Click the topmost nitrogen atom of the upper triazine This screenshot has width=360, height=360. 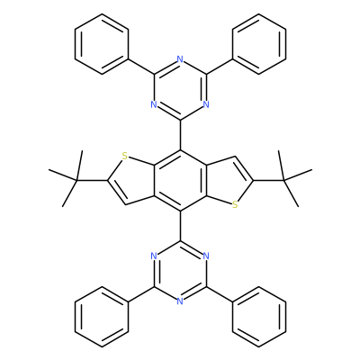[180, 59]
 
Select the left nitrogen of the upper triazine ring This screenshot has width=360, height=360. [154, 104]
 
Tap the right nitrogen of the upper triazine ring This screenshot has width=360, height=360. [206, 104]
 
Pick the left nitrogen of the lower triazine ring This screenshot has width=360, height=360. [154, 256]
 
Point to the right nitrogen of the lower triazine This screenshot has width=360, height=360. [206, 256]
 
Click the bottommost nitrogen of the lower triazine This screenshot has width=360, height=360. [180, 301]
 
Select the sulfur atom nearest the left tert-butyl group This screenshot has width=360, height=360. [125, 156]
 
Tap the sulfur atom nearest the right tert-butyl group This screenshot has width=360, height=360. [235, 204]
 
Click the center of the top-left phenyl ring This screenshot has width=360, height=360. [102, 44]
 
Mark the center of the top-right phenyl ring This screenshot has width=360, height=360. [258, 44]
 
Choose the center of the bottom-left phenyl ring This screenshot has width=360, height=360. [102, 317]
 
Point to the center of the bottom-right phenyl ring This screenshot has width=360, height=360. [258, 317]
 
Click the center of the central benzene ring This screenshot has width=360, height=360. [180, 180]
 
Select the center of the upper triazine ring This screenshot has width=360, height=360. [180, 89]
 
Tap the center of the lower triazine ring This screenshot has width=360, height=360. [180, 271]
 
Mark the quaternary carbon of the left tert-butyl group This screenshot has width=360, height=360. [76, 180]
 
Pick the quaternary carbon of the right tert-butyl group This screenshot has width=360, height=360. [283, 180]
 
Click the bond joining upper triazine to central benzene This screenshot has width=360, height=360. [180, 135]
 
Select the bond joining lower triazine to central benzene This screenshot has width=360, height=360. [180, 226]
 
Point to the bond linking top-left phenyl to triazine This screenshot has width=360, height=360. [141, 67]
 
